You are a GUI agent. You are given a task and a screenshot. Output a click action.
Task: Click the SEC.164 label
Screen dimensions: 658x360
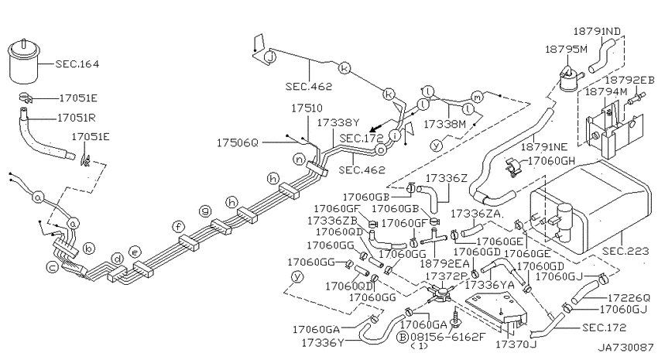click(x=77, y=64)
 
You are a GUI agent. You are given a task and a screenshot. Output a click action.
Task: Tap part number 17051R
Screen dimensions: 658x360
click(x=76, y=118)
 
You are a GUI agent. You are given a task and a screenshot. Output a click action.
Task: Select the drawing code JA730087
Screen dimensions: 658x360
click(x=625, y=348)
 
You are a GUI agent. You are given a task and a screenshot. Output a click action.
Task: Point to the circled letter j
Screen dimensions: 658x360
click(x=271, y=57)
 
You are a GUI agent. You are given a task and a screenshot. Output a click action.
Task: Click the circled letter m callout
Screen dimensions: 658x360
click(x=478, y=96)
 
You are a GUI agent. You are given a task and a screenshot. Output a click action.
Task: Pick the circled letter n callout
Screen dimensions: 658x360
click(x=300, y=159)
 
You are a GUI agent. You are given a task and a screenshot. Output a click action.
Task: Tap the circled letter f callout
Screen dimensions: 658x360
click(x=178, y=228)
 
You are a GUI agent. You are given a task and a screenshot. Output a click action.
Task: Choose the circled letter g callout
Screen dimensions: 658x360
click(x=205, y=211)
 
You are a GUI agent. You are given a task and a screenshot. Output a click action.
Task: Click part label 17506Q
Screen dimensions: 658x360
click(x=237, y=143)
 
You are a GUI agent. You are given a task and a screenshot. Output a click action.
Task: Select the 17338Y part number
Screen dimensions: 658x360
click(x=338, y=122)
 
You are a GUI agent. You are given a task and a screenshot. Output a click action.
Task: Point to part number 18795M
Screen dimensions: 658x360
click(x=566, y=49)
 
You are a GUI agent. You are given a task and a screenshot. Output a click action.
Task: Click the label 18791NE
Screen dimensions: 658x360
click(x=544, y=147)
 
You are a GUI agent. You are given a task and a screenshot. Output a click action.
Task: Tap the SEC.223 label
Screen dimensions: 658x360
click(x=625, y=252)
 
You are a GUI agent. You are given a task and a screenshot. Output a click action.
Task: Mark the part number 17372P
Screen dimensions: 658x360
click(x=446, y=276)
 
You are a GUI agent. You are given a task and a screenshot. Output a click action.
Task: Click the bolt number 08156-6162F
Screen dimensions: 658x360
click(x=447, y=337)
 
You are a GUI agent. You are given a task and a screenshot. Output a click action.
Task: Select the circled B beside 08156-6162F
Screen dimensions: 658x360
click(x=403, y=337)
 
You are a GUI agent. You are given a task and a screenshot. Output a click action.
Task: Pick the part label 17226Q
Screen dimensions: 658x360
click(x=629, y=298)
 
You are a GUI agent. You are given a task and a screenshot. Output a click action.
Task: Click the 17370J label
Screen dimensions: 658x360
click(x=516, y=345)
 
